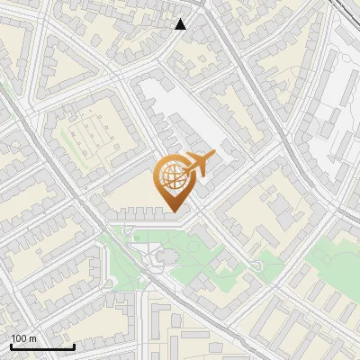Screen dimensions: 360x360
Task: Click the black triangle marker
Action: point(180,24)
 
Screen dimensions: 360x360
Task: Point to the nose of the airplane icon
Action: point(214,155)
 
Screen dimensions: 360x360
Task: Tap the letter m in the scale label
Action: point(32,338)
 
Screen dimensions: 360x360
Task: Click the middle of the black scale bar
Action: point(42,346)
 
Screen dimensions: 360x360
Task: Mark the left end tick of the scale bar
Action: point(11,346)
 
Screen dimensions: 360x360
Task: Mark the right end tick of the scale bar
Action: point(74,346)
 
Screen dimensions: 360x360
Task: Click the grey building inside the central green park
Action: point(163,259)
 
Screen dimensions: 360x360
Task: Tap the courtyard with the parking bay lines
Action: point(90,135)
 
